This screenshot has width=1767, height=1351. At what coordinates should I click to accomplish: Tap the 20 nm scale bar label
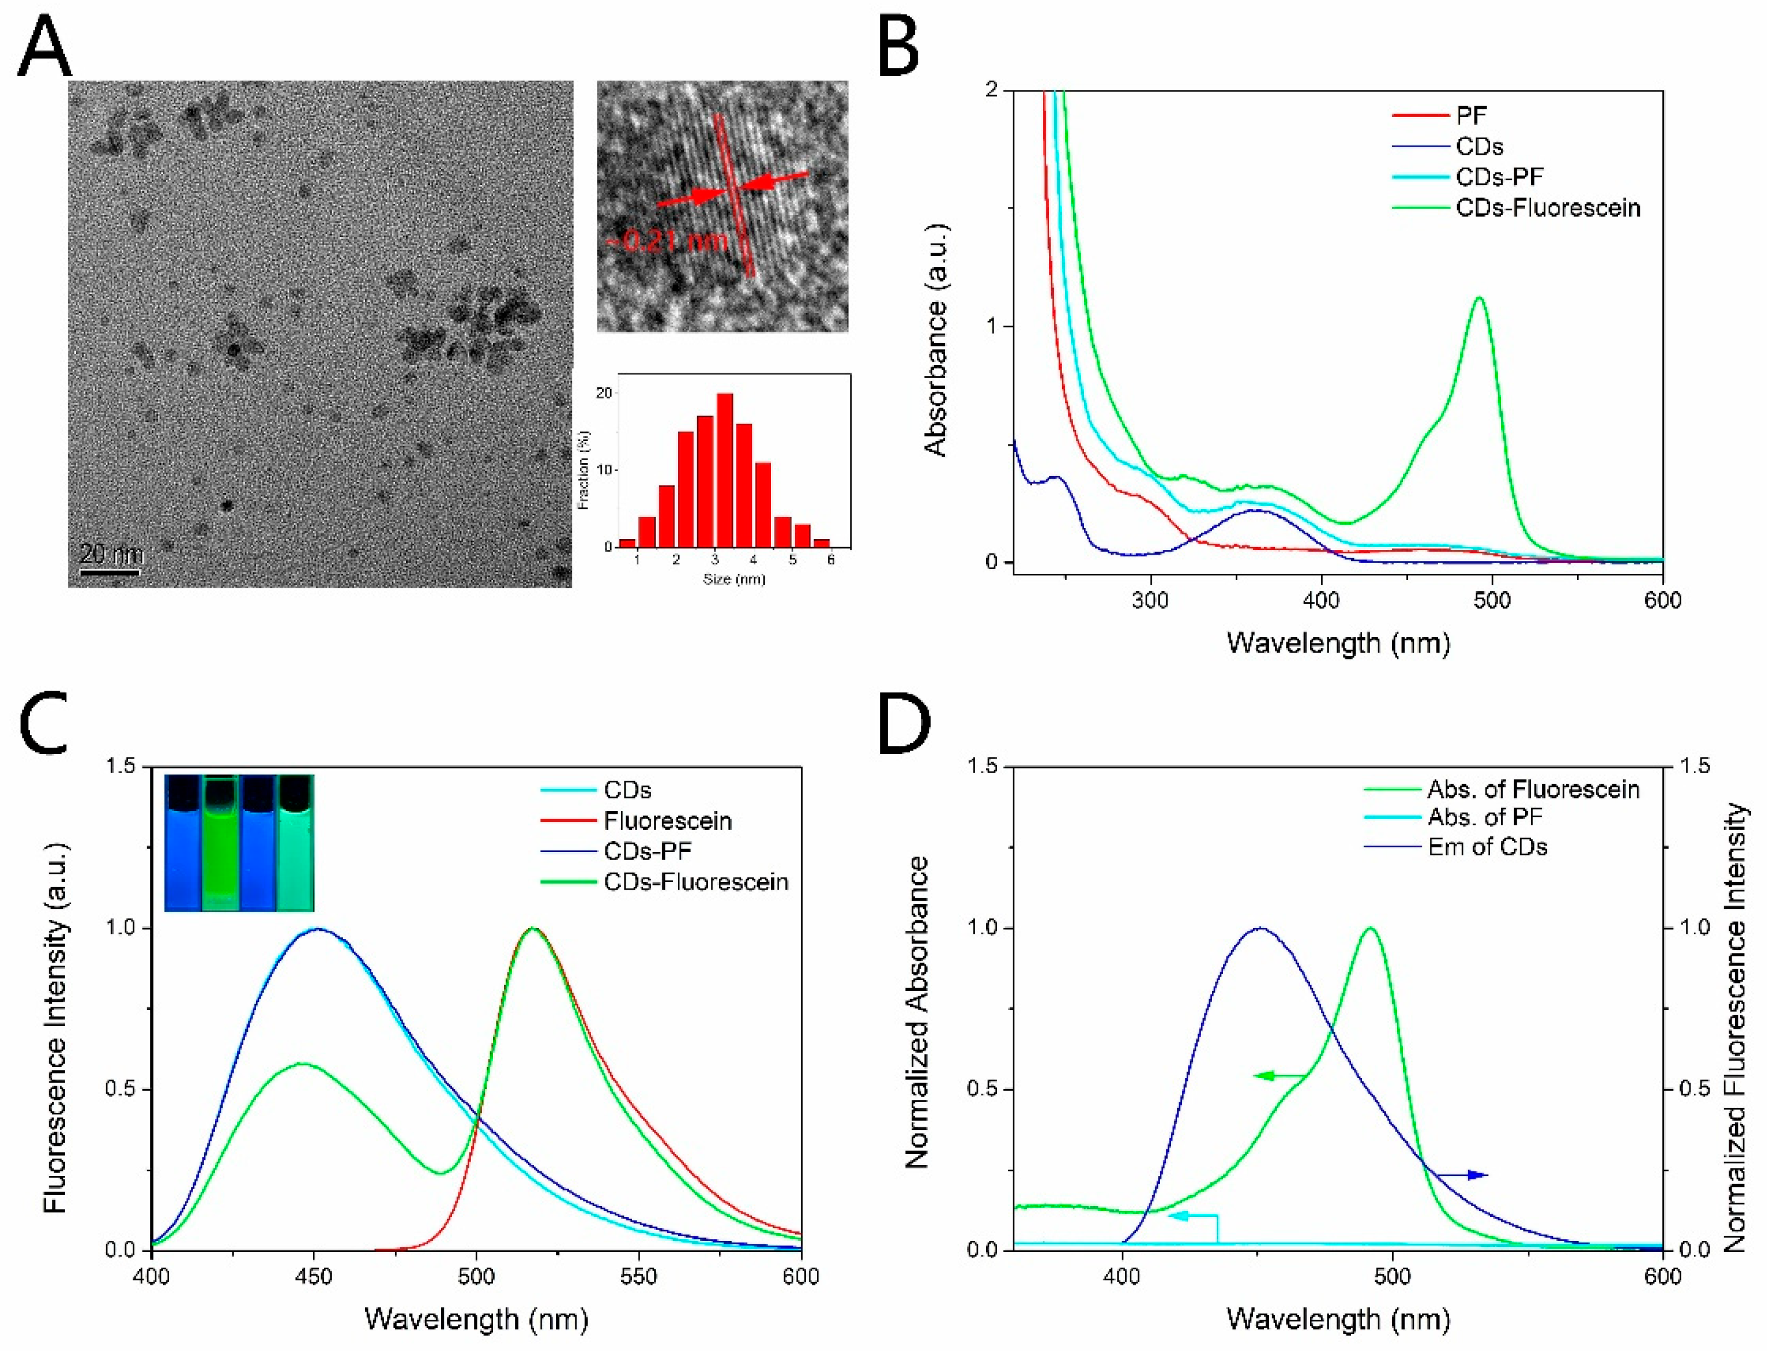pos(112,553)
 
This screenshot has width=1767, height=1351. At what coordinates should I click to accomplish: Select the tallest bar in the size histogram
pos(724,469)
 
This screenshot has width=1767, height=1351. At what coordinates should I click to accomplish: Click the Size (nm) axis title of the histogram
pos(734,579)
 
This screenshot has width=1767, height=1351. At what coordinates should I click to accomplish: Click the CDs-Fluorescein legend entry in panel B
pos(1547,208)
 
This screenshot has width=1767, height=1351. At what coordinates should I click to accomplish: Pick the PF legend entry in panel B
pos(1470,116)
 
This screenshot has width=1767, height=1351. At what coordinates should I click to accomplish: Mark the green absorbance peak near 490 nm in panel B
pos(1478,298)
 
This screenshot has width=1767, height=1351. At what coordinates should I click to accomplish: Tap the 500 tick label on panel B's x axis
pos(1492,600)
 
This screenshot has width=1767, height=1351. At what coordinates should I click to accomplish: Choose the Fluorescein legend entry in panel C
pos(667,821)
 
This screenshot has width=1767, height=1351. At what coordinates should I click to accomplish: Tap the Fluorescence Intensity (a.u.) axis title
pos(54,1028)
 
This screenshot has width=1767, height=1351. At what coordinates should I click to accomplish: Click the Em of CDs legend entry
pos(1487,847)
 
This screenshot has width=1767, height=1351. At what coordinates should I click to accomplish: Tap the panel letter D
pos(904,726)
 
